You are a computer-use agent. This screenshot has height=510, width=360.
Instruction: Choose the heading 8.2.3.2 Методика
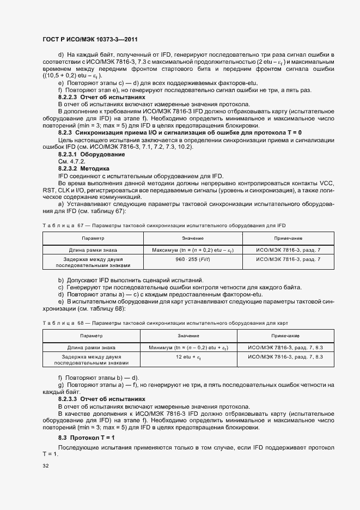(x=84, y=168)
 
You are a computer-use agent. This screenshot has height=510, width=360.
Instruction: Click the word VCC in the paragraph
(x=326, y=183)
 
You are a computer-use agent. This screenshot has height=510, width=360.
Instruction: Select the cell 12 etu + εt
(x=188, y=357)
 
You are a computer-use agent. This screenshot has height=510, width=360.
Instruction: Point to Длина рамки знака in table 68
(x=91, y=347)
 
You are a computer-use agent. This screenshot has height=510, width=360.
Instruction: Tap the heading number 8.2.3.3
(x=69, y=399)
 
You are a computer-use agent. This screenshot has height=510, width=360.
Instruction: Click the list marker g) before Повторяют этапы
(x=60, y=385)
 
